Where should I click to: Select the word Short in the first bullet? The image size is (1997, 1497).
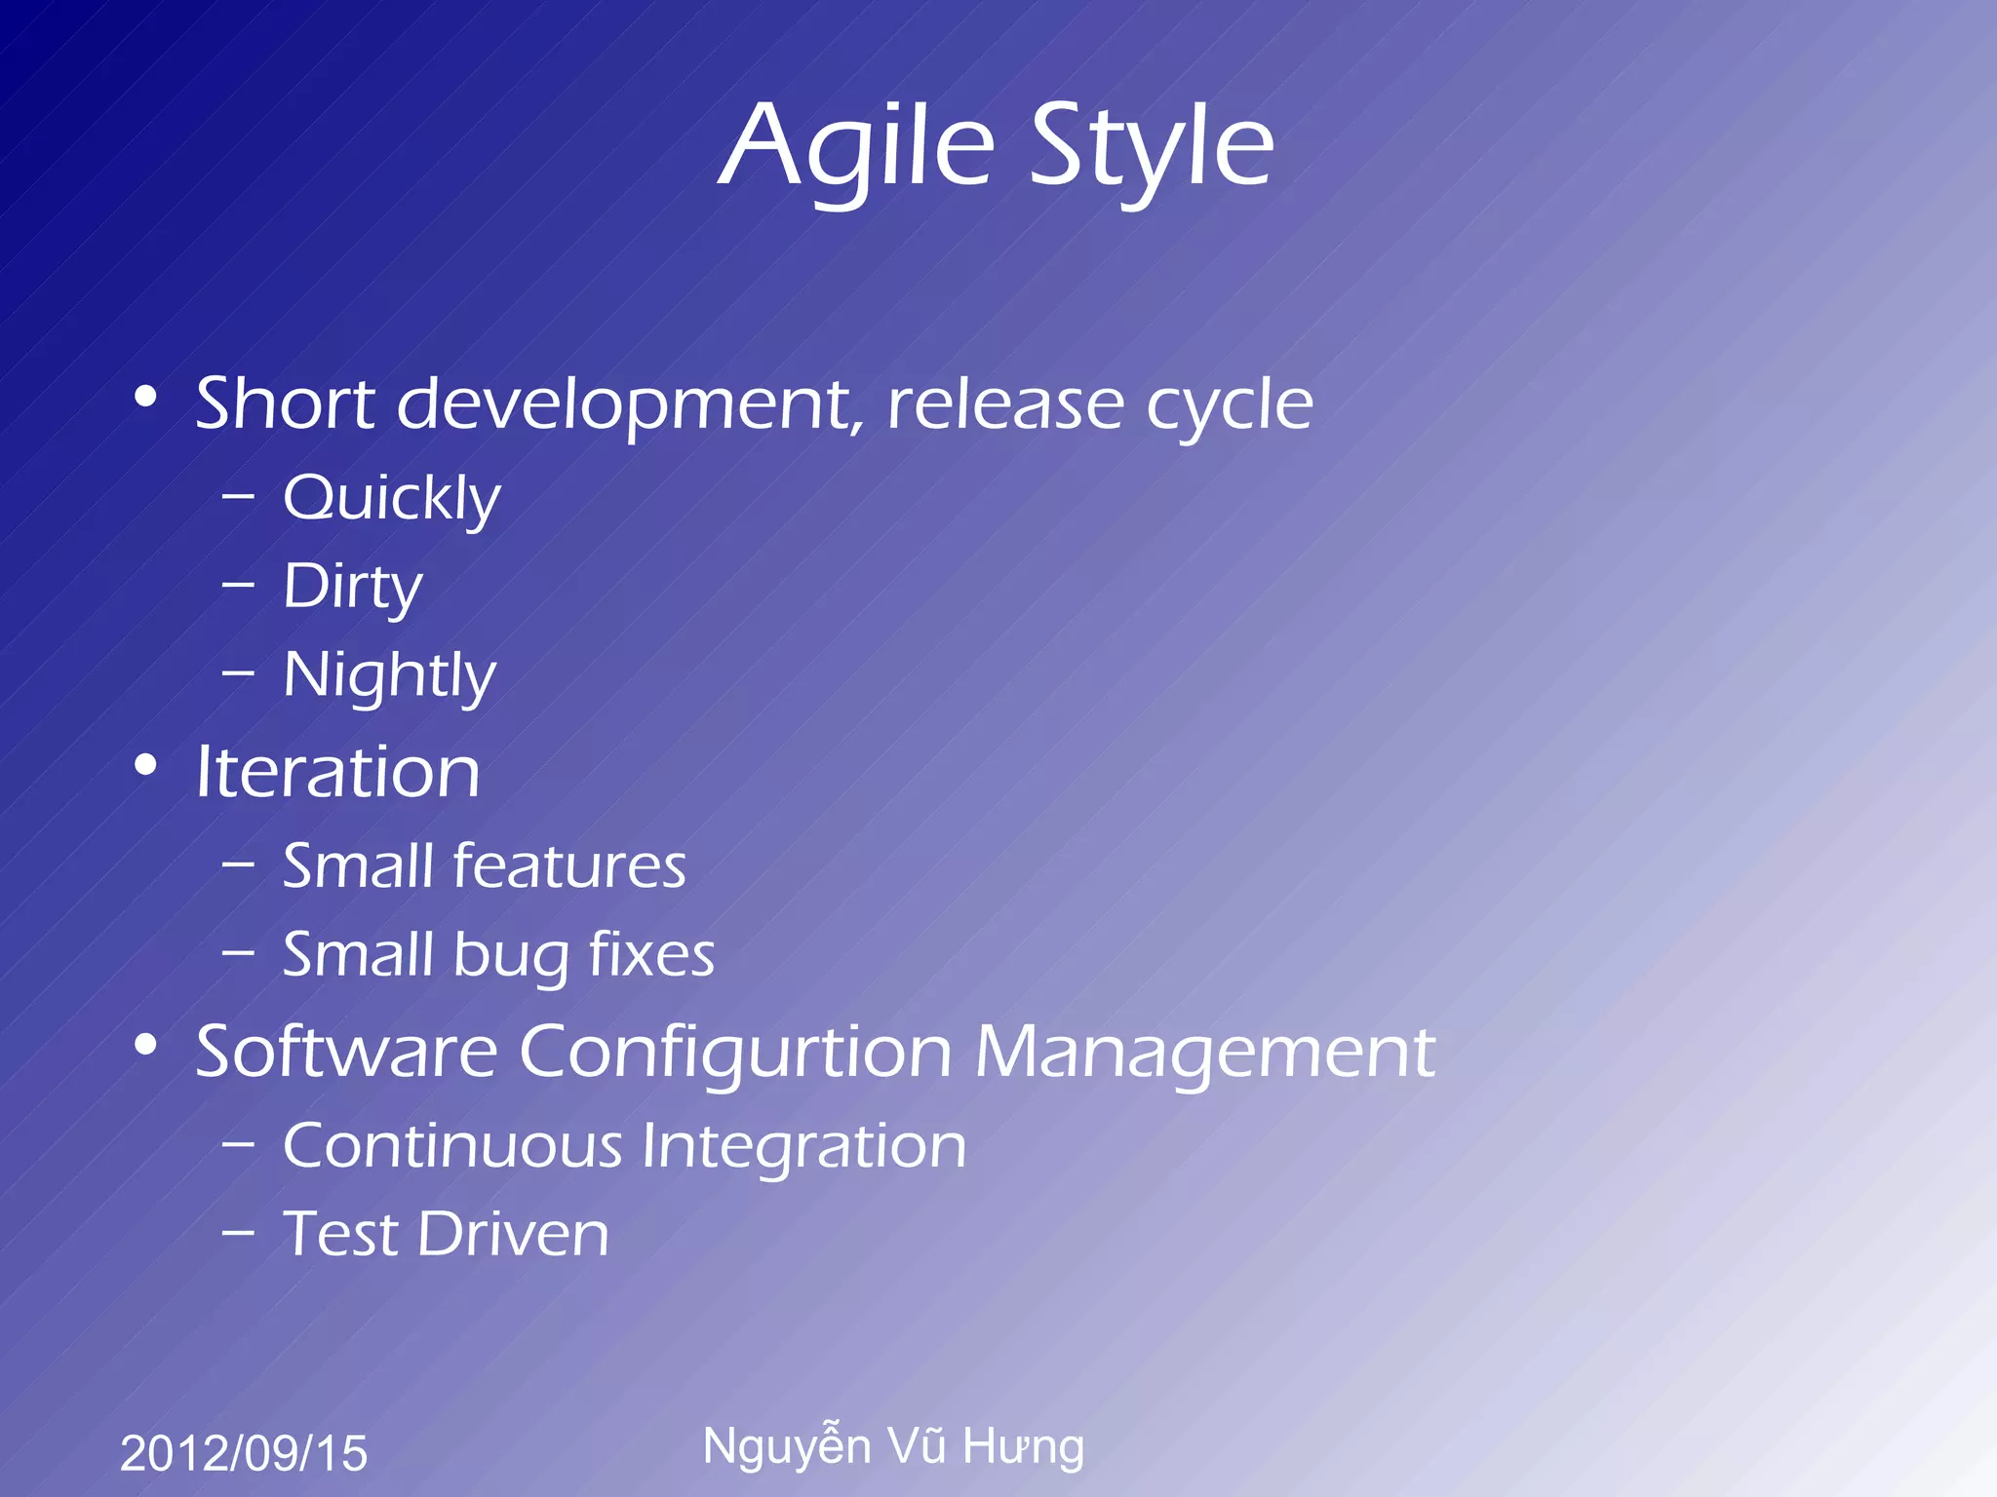tap(285, 403)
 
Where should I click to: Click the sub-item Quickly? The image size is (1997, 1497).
tap(392, 499)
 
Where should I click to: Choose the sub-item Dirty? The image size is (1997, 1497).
tap(353, 588)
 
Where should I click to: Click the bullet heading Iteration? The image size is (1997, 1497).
tap(338, 772)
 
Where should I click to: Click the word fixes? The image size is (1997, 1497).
tap(651, 954)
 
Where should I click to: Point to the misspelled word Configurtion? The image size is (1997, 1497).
tap(735, 1053)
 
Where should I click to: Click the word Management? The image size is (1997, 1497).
tap(1205, 1053)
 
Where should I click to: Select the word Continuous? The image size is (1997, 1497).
tap(452, 1145)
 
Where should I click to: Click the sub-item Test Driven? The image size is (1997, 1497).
tap(447, 1234)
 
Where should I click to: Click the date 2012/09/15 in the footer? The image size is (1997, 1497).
tap(244, 1453)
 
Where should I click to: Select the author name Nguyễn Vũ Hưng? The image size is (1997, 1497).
tap(893, 1446)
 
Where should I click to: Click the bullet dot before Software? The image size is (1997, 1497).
tap(145, 1045)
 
